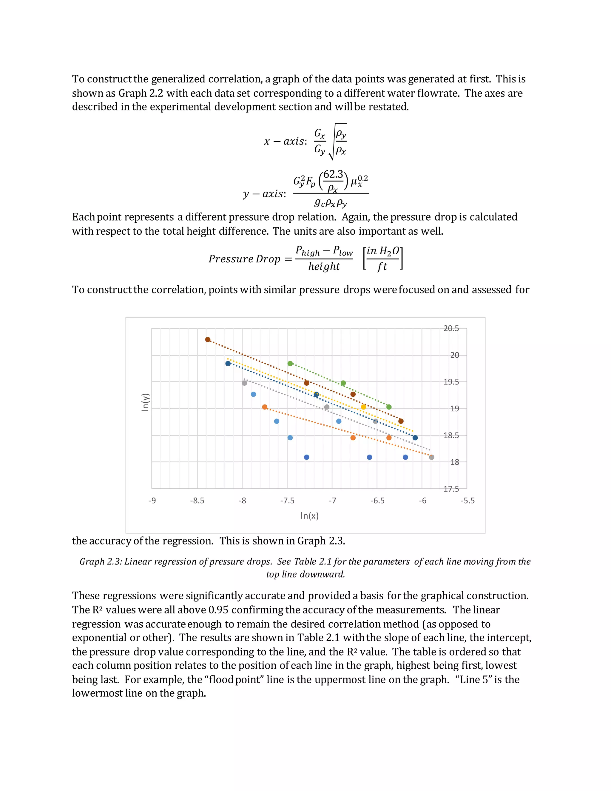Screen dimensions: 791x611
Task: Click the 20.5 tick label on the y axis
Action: click(451, 329)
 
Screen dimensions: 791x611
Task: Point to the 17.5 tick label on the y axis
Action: click(451, 489)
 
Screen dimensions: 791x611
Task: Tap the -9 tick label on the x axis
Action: click(152, 501)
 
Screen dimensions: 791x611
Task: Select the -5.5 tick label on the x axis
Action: click(467, 501)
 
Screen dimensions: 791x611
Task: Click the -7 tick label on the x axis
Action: click(332, 501)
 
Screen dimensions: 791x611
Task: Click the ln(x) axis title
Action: click(309, 516)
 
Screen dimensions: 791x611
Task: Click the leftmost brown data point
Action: click(208, 340)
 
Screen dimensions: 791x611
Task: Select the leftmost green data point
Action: click(290, 364)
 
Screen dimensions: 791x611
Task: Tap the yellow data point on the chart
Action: click(363, 407)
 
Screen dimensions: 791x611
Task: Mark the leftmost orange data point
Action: click(265, 407)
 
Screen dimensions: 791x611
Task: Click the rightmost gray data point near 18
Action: click(431, 457)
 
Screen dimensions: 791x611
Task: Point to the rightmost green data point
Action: click(389, 407)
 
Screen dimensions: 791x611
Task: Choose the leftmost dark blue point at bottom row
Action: click(307, 457)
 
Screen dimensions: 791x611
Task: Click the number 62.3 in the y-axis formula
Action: click(333, 175)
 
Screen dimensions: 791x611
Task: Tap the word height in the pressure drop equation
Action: click(324, 267)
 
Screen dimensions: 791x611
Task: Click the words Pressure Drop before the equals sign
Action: click(244, 259)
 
